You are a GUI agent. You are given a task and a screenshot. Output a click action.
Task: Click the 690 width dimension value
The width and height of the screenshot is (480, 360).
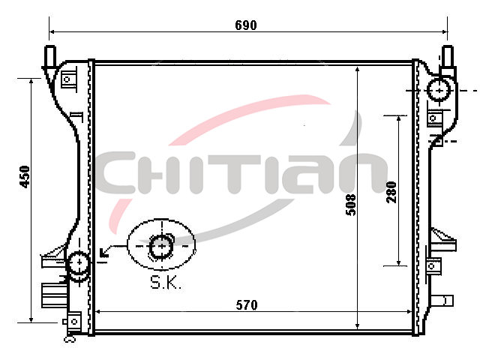246,25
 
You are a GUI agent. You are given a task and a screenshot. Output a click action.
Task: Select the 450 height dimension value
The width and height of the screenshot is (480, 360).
25,177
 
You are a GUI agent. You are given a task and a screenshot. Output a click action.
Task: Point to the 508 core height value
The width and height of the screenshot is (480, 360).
351,205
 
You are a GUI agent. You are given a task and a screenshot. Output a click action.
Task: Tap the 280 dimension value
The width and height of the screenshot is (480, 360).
391,192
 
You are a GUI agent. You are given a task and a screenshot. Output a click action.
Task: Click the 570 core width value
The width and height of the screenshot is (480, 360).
247,305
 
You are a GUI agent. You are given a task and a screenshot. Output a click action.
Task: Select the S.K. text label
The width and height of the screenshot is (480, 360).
166,283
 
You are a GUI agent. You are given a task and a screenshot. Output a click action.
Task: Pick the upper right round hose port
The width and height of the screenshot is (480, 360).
439,90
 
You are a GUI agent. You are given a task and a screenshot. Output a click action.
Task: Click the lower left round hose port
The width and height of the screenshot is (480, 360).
79,262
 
